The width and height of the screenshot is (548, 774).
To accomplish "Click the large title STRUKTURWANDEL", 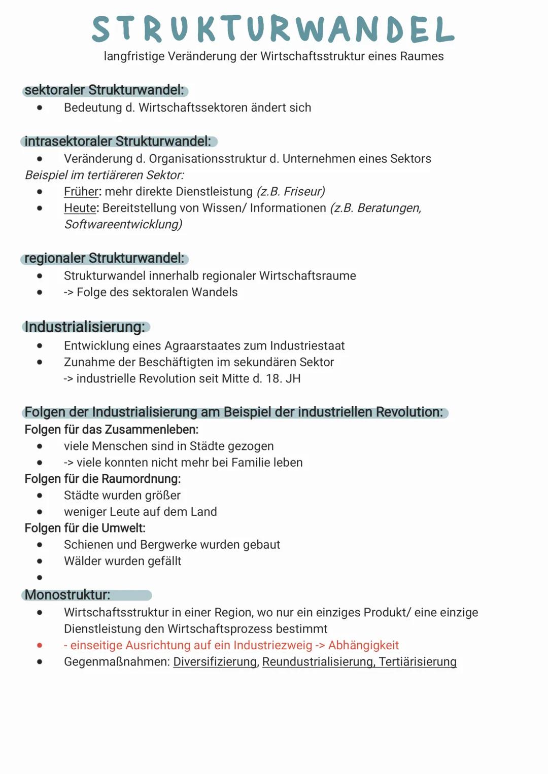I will pyautogui.click(x=273, y=29).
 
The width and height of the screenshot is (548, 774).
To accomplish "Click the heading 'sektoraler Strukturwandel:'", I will pyautogui.click(x=104, y=90).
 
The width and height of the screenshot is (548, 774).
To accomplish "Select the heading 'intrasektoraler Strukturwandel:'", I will pyautogui.click(x=117, y=142).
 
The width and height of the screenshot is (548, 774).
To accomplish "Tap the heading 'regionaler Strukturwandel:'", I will pyautogui.click(x=104, y=258).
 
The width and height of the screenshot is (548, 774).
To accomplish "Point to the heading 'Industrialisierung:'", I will pyautogui.click(x=85, y=327).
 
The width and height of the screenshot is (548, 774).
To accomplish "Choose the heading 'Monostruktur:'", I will pyautogui.click(x=67, y=595).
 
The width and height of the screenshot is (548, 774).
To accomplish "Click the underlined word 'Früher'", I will pyautogui.click(x=81, y=192).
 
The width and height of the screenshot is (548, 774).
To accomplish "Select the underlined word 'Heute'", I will pyautogui.click(x=80, y=208).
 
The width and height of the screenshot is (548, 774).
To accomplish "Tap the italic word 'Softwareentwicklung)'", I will pyautogui.click(x=123, y=224).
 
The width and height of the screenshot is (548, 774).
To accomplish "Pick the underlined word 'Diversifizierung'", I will pyautogui.click(x=215, y=662).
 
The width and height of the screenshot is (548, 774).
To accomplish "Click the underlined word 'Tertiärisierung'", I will pyautogui.click(x=418, y=662).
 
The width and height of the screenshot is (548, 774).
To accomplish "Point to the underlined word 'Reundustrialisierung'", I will pyautogui.click(x=318, y=662).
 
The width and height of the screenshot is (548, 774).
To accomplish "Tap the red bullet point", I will pyautogui.click(x=40, y=646).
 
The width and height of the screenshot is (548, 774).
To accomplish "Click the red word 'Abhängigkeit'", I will pyautogui.click(x=363, y=646).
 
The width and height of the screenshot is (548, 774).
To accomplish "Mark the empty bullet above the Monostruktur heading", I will pyautogui.click(x=40, y=577).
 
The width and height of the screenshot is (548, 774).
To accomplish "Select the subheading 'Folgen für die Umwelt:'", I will pyautogui.click(x=85, y=528).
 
